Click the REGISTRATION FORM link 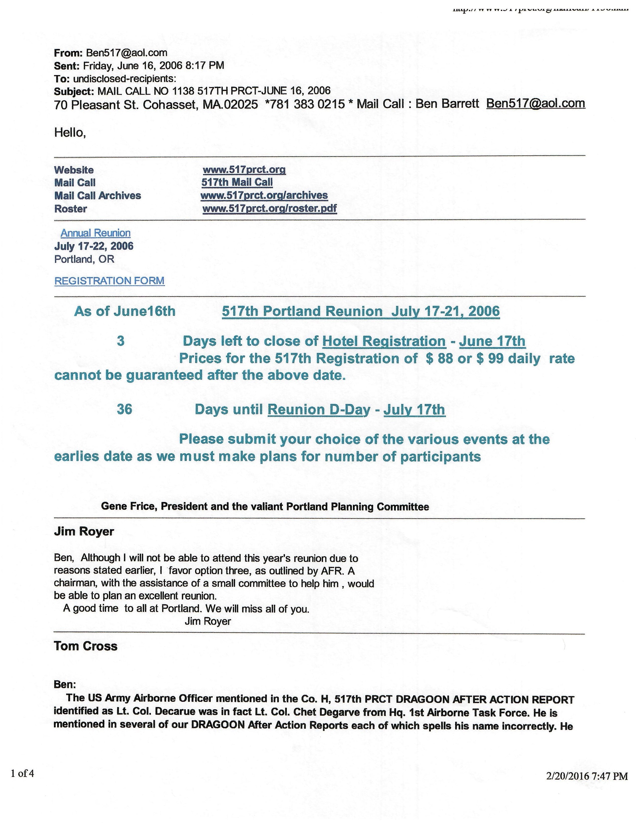click(x=109, y=281)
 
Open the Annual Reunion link click(x=96, y=233)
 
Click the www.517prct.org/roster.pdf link click(x=269, y=208)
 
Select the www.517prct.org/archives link click(x=264, y=195)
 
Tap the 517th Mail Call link click(x=237, y=182)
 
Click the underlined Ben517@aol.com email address click(x=536, y=103)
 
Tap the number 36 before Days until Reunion click(x=124, y=409)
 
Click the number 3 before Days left click(x=120, y=341)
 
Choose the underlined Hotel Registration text click(x=384, y=341)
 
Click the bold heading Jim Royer click(x=84, y=532)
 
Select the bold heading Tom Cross click(x=86, y=646)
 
